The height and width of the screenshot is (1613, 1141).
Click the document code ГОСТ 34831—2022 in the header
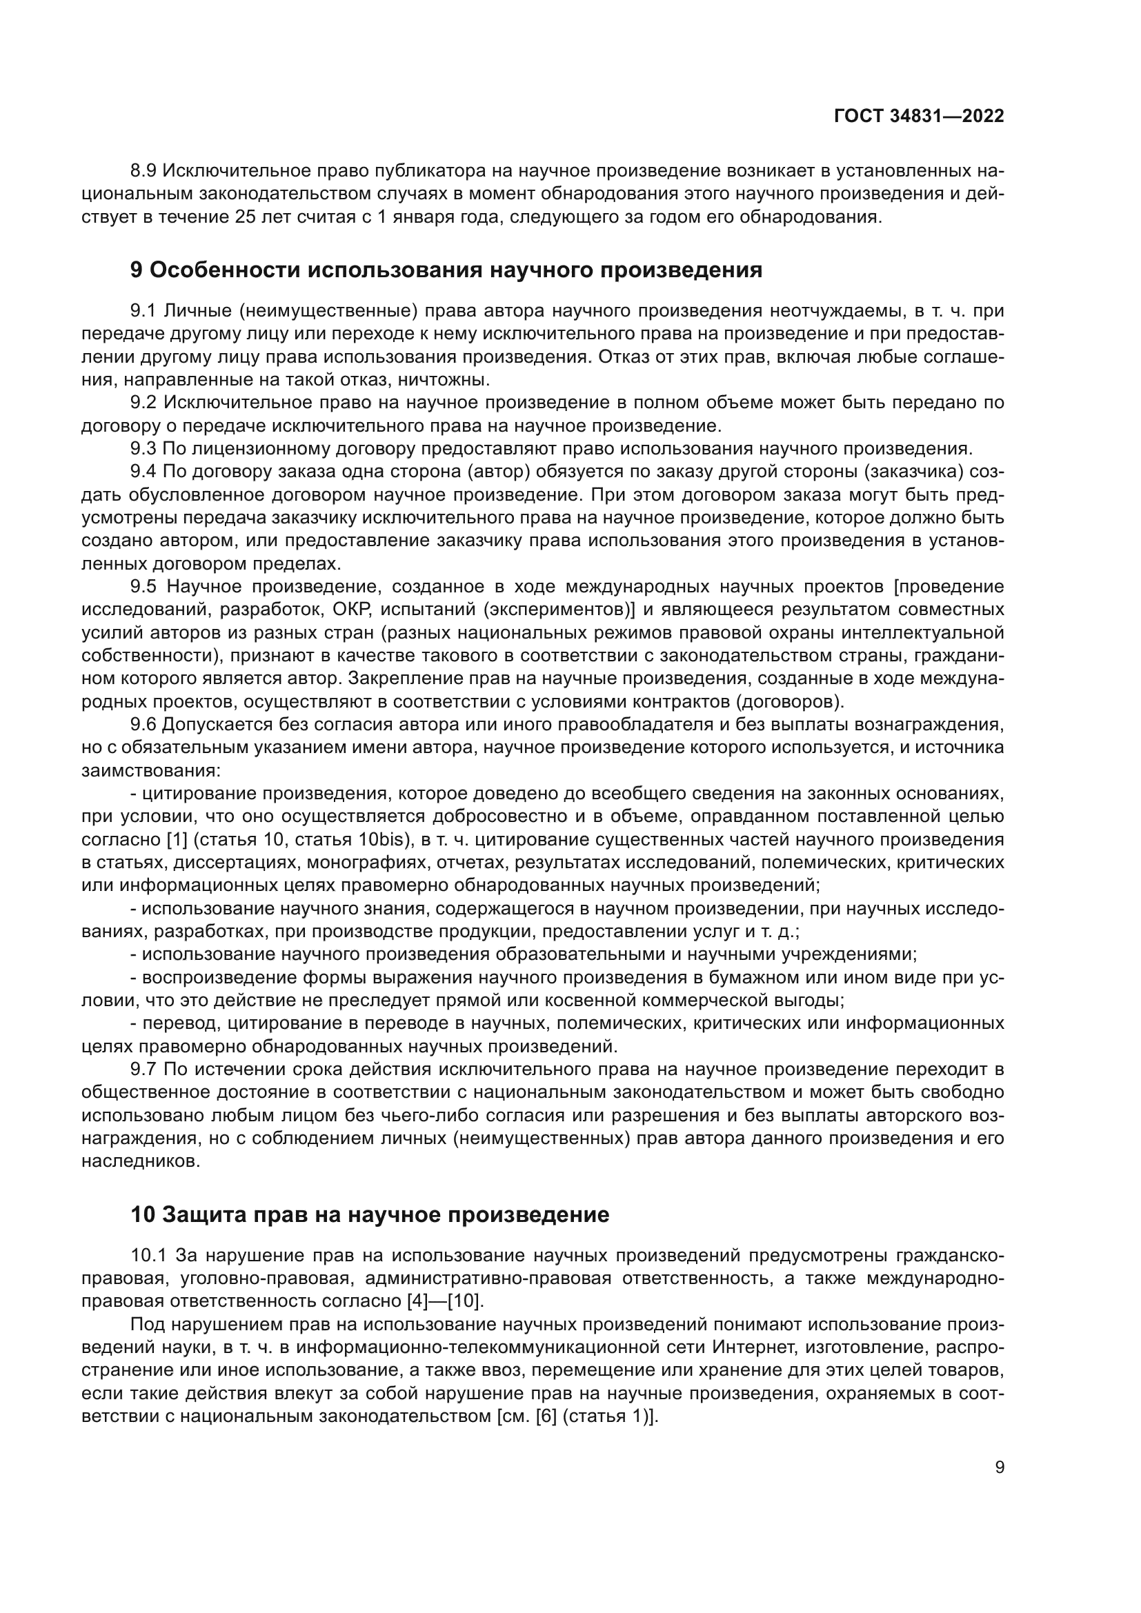[x=918, y=117]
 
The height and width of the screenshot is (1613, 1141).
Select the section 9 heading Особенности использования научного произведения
[x=446, y=270]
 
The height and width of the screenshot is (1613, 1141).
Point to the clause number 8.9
[x=144, y=171]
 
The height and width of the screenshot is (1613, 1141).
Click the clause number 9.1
[x=144, y=310]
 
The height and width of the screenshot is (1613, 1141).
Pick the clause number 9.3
[x=144, y=449]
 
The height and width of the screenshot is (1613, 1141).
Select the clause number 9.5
[x=144, y=587]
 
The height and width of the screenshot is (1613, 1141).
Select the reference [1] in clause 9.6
[x=175, y=839]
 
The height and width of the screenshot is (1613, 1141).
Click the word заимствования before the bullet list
[x=150, y=771]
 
